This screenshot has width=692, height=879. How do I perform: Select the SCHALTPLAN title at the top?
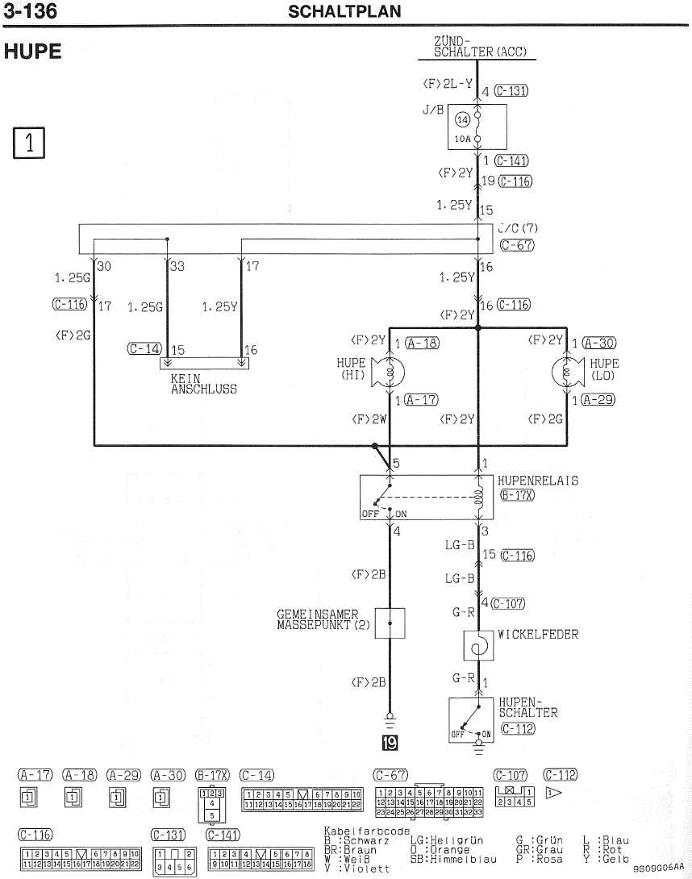pos(344,12)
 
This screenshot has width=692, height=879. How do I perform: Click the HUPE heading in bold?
pos(33,52)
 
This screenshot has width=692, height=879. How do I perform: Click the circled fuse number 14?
pos(463,120)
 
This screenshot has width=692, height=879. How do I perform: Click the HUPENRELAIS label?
pos(537,481)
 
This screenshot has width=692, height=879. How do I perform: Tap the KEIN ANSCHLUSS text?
pos(203,383)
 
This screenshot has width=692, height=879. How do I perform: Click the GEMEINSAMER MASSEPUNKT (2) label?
pos(323,619)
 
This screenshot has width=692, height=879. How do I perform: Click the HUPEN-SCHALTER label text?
pos(527,707)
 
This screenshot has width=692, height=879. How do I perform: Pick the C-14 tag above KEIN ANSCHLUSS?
pos(144,349)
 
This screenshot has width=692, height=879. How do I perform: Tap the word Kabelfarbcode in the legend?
pos(366,831)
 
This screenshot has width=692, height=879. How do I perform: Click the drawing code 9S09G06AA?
pos(658,869)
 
